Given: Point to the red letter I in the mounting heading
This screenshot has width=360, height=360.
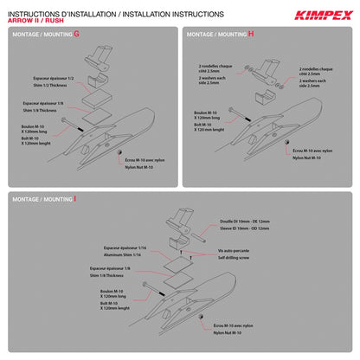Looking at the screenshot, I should pyautogui.click(x=76, y=198).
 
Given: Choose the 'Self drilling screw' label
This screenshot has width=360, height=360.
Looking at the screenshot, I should pyautogui.click(x=236, y=257).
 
